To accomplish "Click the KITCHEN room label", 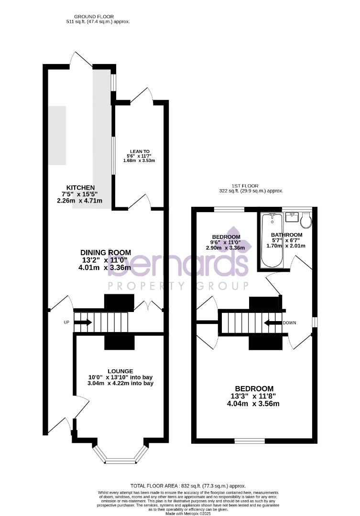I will [x=80, y=187].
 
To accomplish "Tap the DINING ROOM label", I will [x=106, y=253].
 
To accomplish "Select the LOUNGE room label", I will [x=120, y=371].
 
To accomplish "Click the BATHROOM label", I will [x=286, y=235].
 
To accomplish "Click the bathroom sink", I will [x=291, y=217].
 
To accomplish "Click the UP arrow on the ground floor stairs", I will [x=83, y=322].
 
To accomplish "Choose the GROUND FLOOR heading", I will [x=98, y=16].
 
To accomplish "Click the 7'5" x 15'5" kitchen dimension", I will [x=80, y=194].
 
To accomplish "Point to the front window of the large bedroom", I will [x=249, y=440].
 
